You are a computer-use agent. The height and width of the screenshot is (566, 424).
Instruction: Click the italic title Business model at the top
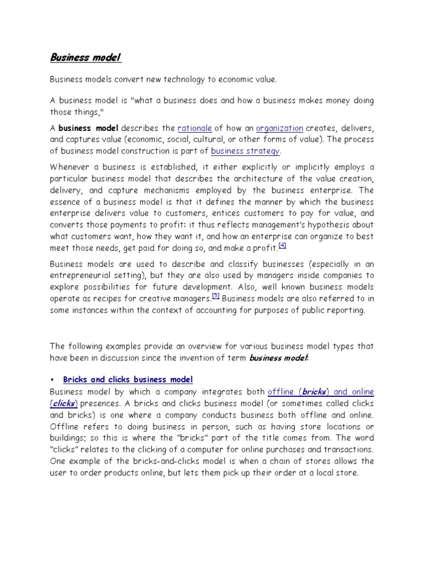(86, 57)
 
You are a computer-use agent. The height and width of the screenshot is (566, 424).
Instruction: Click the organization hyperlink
(279, 128)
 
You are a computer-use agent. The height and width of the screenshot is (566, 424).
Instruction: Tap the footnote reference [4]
(282, 245)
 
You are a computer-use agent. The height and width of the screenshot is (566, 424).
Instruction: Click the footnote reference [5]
(216, 297)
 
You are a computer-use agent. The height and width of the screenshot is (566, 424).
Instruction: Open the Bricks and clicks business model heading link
(128, 379)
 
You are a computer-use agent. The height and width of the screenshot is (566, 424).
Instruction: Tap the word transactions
(347, 449)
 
